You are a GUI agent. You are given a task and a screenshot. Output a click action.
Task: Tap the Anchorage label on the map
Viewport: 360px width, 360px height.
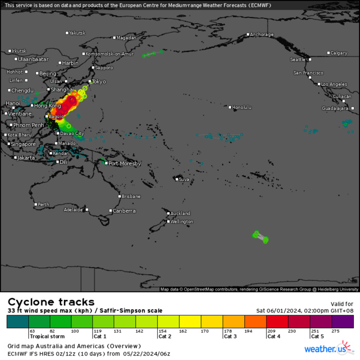262,35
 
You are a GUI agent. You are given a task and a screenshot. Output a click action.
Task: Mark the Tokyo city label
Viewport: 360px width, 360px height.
99,82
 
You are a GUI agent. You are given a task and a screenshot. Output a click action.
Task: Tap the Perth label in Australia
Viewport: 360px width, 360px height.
43,205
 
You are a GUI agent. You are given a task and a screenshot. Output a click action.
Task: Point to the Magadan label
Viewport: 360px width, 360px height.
127,38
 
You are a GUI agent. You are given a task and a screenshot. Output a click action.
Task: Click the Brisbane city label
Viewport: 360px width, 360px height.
131,196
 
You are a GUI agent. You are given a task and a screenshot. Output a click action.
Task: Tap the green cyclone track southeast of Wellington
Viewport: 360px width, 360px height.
261,237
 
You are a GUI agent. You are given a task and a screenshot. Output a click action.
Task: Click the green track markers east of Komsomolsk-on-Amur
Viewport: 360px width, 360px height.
152,53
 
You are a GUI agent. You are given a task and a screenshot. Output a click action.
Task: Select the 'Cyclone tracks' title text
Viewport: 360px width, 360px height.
51,302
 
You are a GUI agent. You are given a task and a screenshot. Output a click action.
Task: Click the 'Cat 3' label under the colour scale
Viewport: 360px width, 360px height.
229,336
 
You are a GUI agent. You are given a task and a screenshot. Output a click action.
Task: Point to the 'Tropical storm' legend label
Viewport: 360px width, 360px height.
44,336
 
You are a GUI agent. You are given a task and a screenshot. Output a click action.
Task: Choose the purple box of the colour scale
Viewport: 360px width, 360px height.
343,322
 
